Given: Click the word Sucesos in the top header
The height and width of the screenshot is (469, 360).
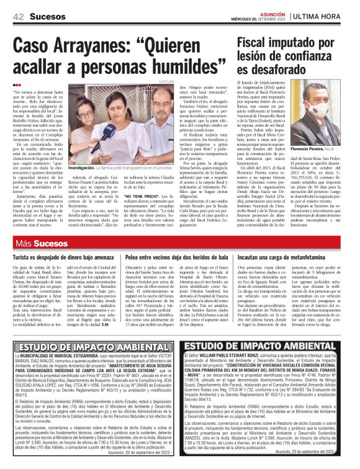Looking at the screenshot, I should (47, 16).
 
